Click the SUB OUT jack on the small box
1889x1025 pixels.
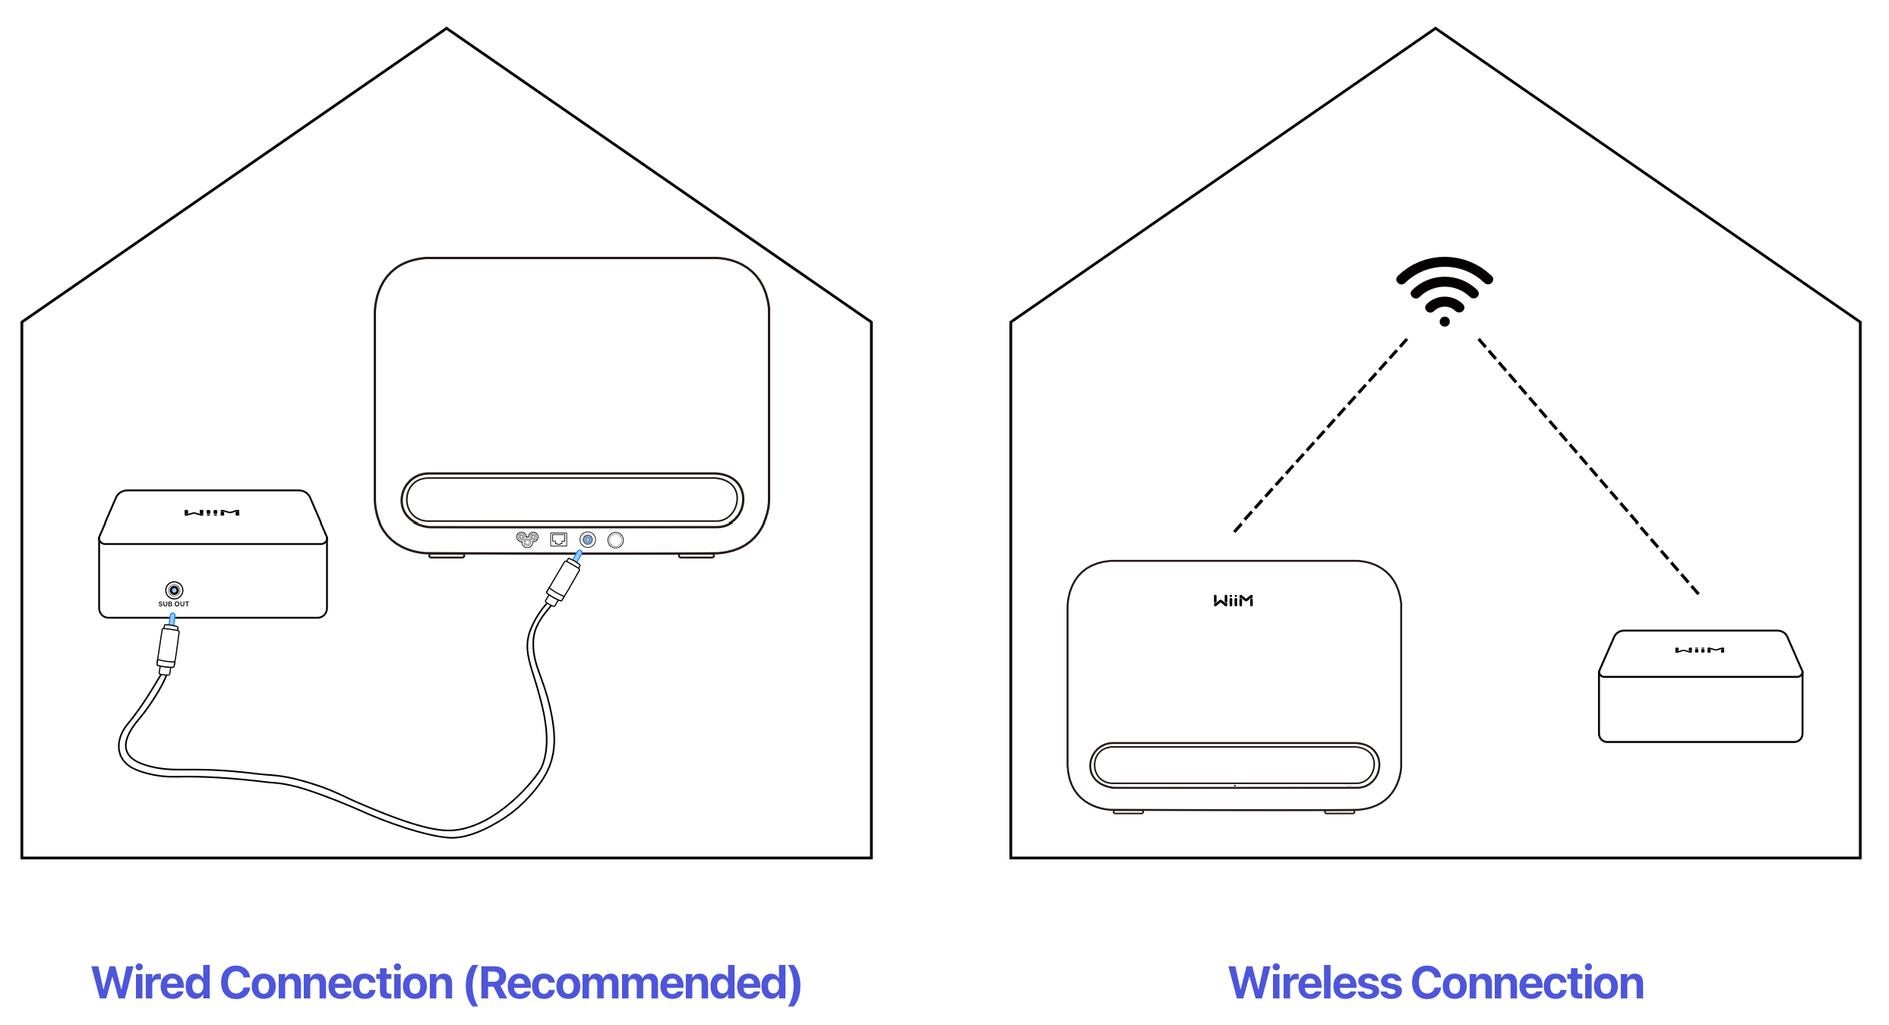(x=174, y=590)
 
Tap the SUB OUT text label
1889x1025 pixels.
(x=174, y=605)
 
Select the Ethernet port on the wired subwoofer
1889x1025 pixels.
(x=558, y=539)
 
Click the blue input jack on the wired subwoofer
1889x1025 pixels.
(x=587, y=539)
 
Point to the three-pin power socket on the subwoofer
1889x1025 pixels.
(x=527, y=539)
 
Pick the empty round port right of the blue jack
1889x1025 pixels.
(x=615, y=539)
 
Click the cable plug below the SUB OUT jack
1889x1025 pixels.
(x=168, y=648)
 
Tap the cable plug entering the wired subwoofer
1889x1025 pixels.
(x=563, y=582)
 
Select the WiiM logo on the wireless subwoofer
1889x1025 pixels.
(x=1233, y=601)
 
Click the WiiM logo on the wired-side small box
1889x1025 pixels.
(x=212, y=513)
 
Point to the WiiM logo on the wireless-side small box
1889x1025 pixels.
(x=1700, y=650)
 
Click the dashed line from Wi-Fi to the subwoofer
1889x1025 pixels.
(x=1320, y=435)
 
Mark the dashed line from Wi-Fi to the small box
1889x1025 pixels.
(x=1587, y=465)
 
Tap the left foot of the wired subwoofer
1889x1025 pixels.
(x=447, y=556)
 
